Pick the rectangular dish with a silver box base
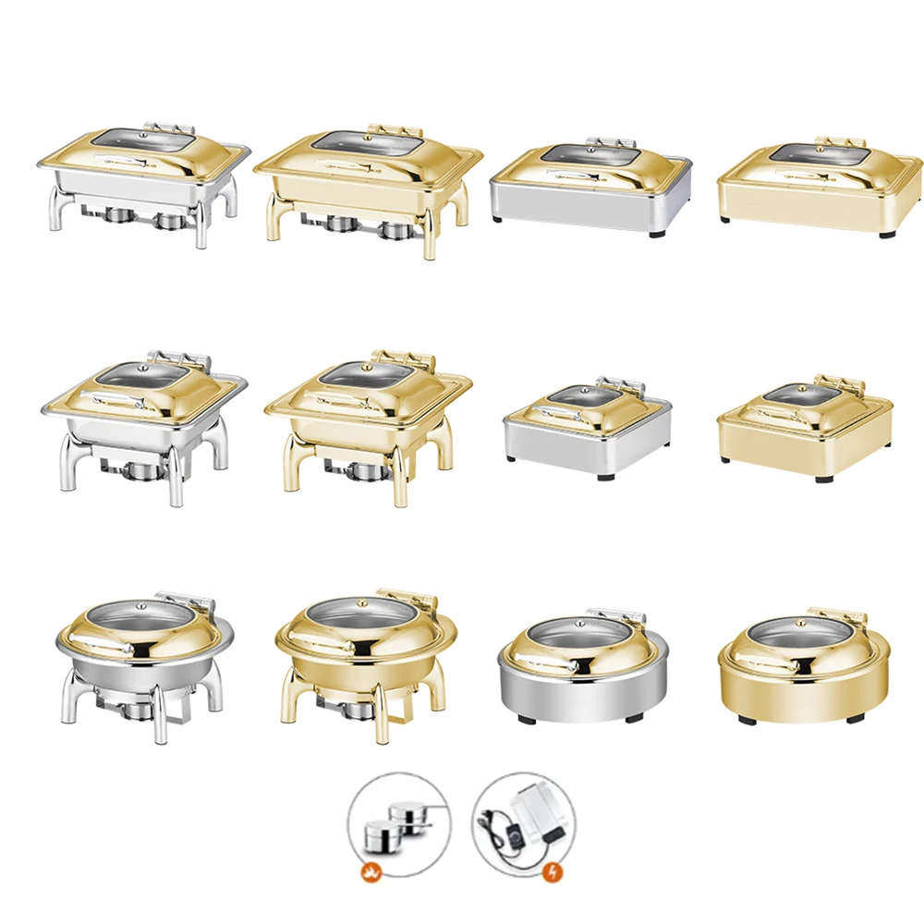tap(590, 189)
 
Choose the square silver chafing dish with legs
tap(143, 420)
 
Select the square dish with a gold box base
tap(804, 430)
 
